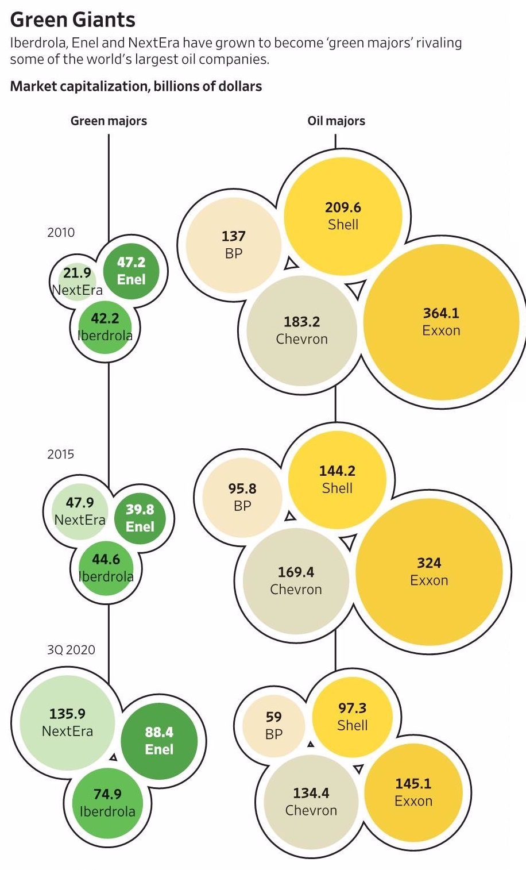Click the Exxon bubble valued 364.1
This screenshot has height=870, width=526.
(441, 322)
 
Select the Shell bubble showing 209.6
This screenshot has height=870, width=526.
(343, 215)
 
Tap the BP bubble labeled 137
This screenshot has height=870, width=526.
(233, 244)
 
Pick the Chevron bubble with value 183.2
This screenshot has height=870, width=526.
(301, 330)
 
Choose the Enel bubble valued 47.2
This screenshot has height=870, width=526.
(131, 270)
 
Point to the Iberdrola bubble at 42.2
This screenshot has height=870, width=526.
(105, 326)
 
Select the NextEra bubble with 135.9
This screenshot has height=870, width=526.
(67, 722)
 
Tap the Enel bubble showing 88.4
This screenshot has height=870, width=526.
(159, 740)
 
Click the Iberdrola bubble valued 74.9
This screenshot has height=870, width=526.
(107, 802)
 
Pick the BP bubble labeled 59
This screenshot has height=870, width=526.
(274, 725)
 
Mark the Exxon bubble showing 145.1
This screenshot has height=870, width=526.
(413, 792)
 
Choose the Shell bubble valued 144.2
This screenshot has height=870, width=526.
(337, 479)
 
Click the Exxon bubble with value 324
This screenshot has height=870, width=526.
(429, 571)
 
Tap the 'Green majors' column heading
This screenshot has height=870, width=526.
(109, 121)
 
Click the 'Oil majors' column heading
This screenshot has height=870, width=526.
(336, 121)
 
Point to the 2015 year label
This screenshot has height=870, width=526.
(60, 454)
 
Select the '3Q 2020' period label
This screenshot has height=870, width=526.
(71, 649)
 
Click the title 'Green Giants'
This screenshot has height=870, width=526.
(73, 20)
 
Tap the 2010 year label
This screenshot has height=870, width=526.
(60, 232)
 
